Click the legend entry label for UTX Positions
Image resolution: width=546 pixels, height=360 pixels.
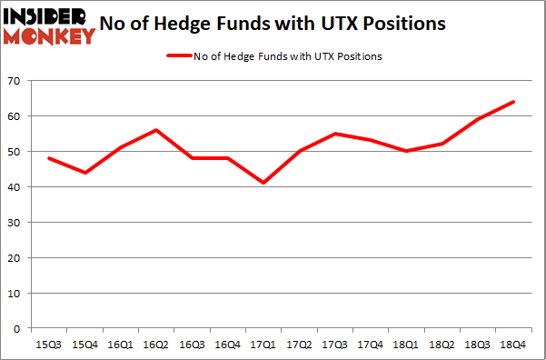(287, 56)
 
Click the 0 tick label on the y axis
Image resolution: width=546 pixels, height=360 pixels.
(16, 328)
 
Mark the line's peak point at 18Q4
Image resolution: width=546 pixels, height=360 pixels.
(513, 102)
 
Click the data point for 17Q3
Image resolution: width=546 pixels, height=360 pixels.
(333, 134)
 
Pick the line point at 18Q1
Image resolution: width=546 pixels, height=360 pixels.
(406, 151)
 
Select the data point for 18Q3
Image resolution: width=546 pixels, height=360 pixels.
(477, 119)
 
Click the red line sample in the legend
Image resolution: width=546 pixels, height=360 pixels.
(177, 56)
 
